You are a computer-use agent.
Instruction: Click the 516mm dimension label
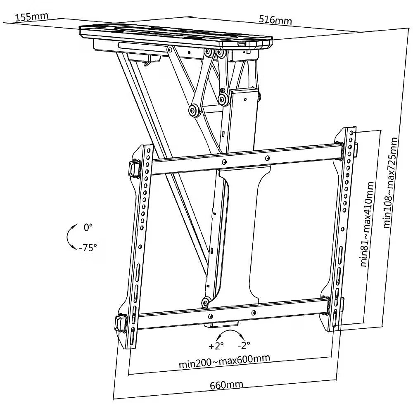(x=275, y=20)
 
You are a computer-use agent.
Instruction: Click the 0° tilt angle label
(x=88, y=227)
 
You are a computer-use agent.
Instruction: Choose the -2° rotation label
(x=244, y=345)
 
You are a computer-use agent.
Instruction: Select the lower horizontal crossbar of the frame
(x=231, y=314)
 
